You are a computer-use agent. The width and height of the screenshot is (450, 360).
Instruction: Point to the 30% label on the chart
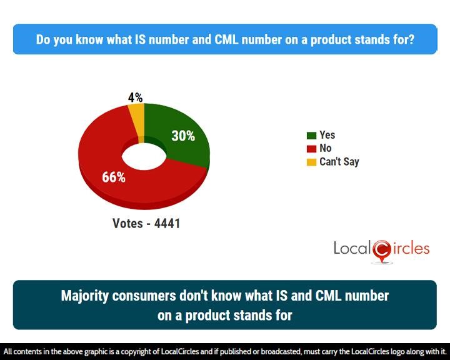click(x=183, y=136)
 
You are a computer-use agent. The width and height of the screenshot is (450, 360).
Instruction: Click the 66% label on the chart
click(x=114, y=177)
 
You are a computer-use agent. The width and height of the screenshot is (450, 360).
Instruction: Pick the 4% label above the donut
click(x=136, y=97)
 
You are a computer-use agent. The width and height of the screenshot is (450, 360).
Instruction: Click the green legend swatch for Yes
click(x=311, y=135)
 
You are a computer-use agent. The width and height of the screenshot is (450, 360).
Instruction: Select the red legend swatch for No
click(x=311, y=149)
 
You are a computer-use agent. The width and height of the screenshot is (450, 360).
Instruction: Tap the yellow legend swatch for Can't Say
click(x=311, y=162)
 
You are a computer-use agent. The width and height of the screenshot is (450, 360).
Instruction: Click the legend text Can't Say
click(x=339, y=162)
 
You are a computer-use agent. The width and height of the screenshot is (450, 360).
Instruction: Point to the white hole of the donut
click(x=144, y=156)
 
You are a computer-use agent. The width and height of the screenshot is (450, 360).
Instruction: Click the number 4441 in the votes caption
click(x=167, y=223)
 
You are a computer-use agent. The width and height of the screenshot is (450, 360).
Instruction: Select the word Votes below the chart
click(x=127, y=223)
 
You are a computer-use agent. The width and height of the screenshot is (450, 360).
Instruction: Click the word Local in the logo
click(x=352, y=248)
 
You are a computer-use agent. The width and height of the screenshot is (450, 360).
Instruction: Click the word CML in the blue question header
click(x=226, y=39)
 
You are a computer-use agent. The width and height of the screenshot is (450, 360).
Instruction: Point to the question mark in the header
click(x=411, y=39)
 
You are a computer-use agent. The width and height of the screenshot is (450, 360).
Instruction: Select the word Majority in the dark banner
click(x=84, y=296)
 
